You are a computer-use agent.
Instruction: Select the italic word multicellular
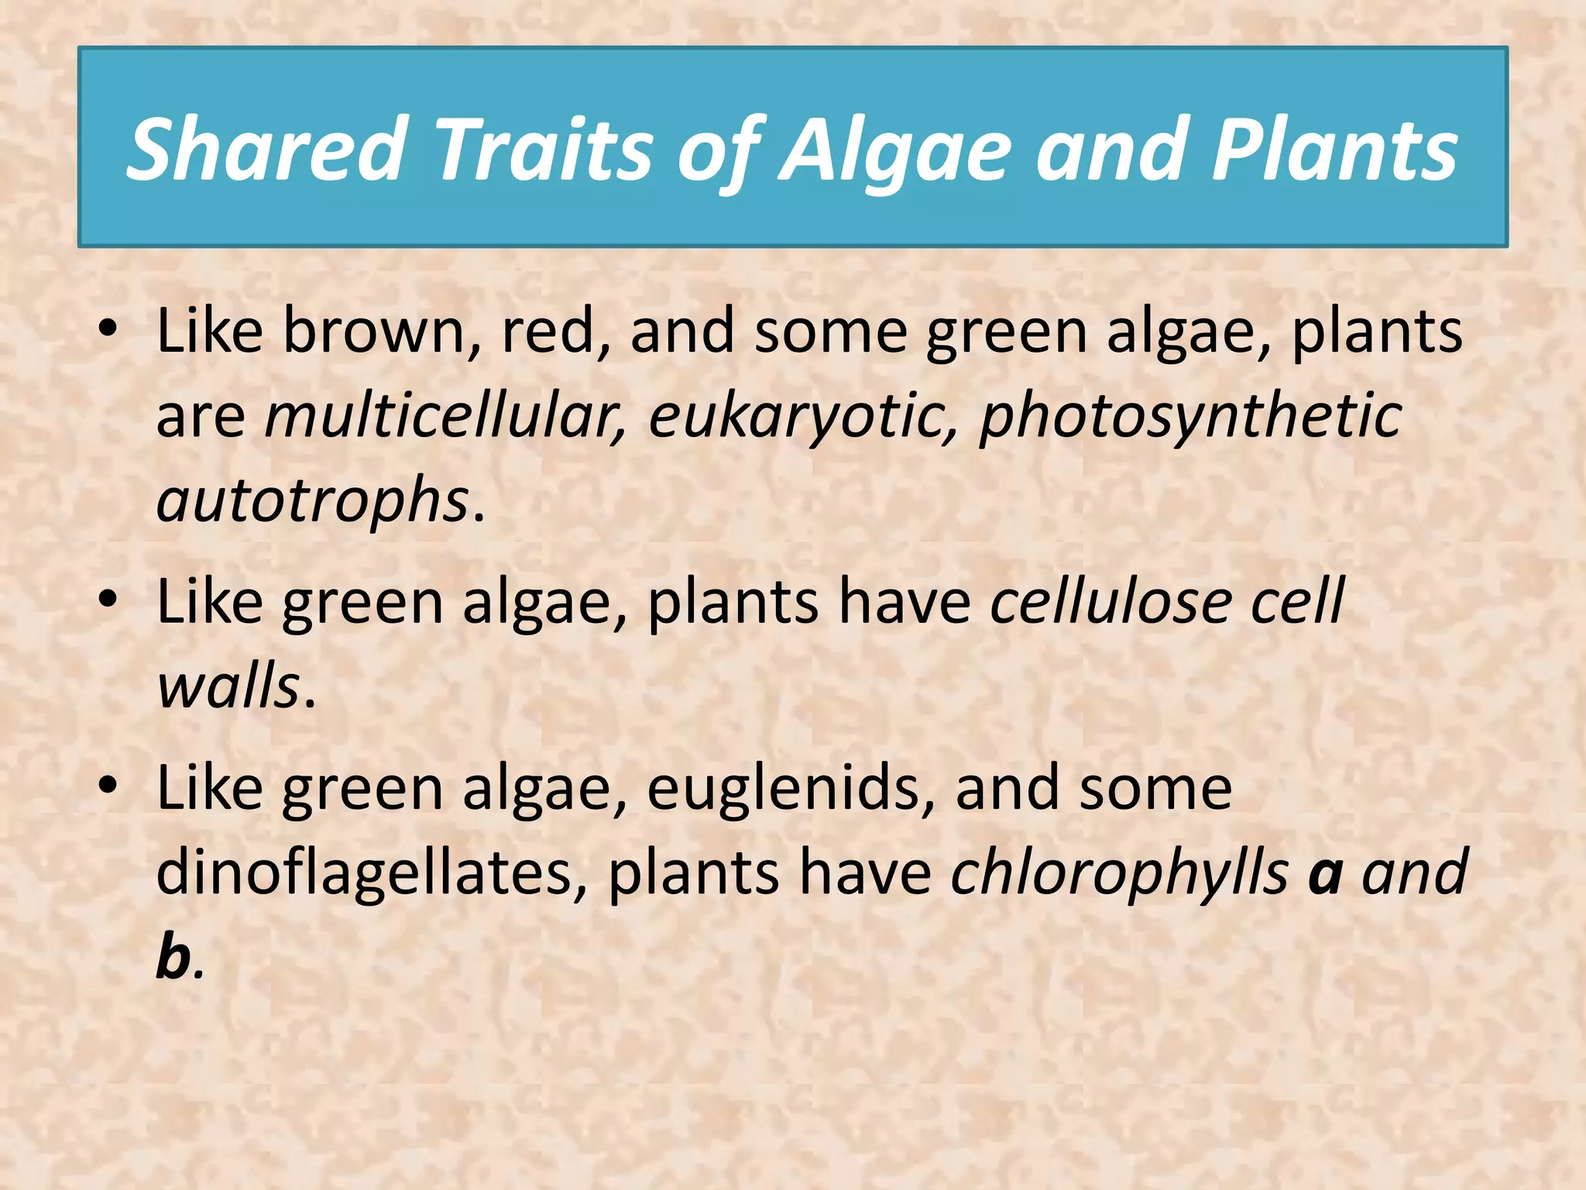(x=445, y=416)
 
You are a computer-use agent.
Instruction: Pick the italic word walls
(x=228, y=687)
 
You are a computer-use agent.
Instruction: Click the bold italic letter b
(x=173, y=958)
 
